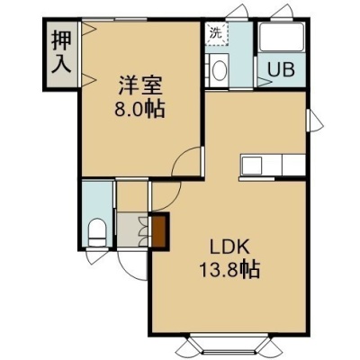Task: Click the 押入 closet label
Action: click(61, 52)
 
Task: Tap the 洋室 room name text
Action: click(140, 85)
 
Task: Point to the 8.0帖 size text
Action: click(139, 109)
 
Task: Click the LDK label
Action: click(229, 247)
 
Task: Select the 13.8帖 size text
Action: click(229, 269)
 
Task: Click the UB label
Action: click(281, 70)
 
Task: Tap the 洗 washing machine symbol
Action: click(217, 33)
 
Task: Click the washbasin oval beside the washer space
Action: click(220, 70)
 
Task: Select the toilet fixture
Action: click(97, 231)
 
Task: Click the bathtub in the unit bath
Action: click(281, 37)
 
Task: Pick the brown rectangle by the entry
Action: click(159, 230)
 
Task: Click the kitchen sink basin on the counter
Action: click(252, 165)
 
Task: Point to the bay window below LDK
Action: click(229, 346)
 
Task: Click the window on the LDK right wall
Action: click(313, 121)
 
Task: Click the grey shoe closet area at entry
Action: click(131, 229)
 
